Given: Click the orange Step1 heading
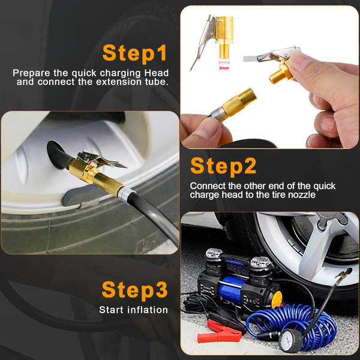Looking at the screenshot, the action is tap(135, 53).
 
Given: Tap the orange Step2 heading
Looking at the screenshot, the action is tap(223, 166).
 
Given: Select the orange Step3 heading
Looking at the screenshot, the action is tap(135, 290).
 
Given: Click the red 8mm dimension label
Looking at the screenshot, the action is tap(224, 68).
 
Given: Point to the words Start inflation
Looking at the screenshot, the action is tap(133, 310).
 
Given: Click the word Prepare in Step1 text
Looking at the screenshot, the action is tap(31, 73).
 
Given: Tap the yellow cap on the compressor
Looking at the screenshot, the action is tap(277, 299).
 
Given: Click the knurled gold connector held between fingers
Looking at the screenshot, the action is tap(239, 101).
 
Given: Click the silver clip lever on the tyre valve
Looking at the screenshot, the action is tap(101, 158).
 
